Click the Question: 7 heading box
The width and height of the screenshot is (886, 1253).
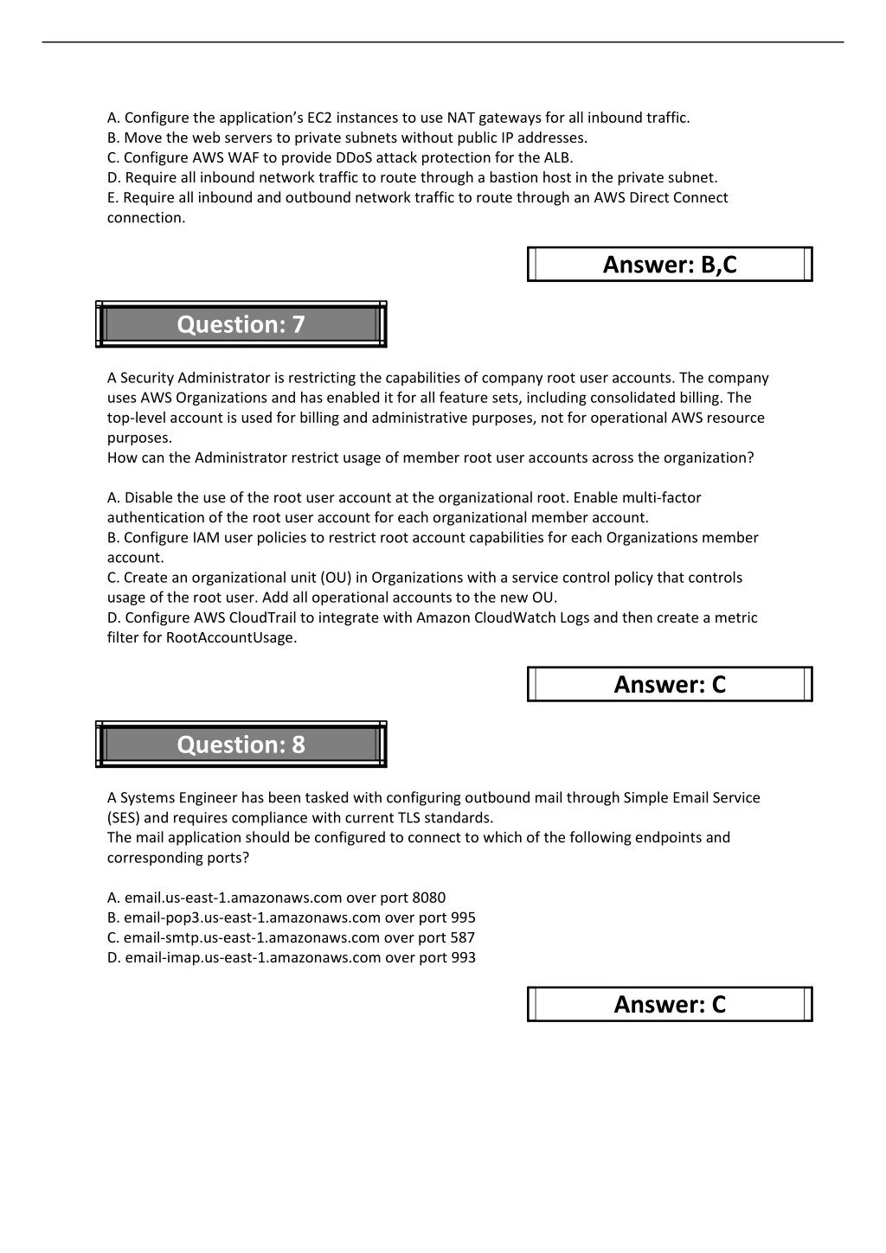[241, 324]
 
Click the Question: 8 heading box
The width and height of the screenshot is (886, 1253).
[241, 745]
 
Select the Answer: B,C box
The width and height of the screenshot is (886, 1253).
[670, 265]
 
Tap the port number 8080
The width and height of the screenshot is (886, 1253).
[429, 898]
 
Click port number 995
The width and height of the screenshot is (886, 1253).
[463, 917]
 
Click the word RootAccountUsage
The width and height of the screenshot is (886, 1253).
[231, 637]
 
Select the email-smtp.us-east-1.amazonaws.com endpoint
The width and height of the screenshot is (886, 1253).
[252, 937]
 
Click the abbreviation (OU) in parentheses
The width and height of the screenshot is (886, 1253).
[337, 578]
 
